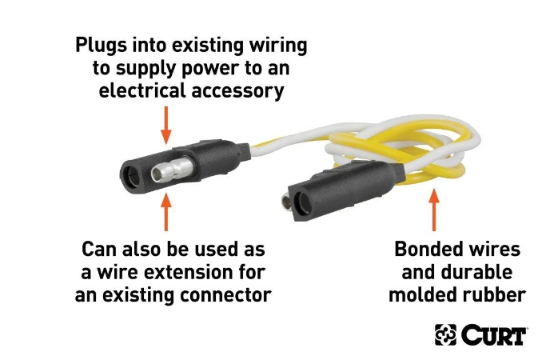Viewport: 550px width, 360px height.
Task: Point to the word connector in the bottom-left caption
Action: pyautogui.click(x=225, y=295)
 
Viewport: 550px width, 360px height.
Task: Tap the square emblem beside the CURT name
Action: pyautogui.click(x=445, y=334)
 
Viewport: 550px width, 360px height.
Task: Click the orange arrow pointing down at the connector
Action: pyautogui.click(x=166, y=125)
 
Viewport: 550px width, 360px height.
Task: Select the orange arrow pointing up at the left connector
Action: pyautogui.click(x=166, y=211)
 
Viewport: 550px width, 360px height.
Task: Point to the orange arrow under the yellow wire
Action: pyautogui.click(x=434, y=210)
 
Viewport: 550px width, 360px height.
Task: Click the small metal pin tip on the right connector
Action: pyautogui.click(x=285, y=203)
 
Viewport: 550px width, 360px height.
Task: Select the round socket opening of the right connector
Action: pyautogui.click(x=302, y=203)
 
